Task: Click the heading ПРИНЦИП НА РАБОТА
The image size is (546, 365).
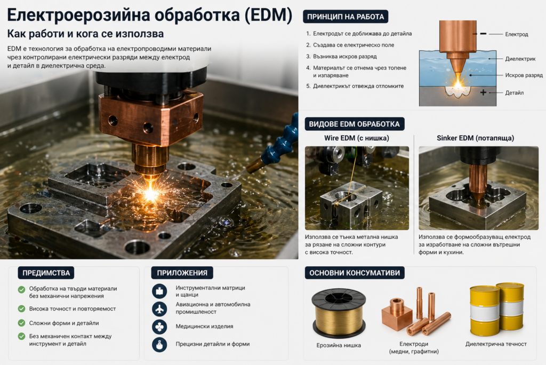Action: (346, 17)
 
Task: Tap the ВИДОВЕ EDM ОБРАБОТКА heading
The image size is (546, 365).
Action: (354, 124)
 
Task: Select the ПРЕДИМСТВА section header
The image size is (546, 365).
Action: (46, 273)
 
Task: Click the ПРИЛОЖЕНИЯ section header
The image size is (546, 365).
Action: (182, 273)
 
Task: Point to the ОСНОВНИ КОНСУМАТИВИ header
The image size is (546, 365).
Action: (354, 273)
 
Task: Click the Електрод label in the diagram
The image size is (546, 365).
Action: (516, 34)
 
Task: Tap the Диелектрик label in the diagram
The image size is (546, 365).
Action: (520, 59)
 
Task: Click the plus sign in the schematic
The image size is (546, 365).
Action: (484, 92)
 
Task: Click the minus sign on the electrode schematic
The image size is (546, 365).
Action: (483, 33)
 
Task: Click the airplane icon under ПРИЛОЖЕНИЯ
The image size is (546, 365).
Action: (159, 308)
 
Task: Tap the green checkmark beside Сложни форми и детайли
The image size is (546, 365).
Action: (21, 323)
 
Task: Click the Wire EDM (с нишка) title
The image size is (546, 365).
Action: (357, 138)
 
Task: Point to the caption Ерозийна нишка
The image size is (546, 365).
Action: (339, 345)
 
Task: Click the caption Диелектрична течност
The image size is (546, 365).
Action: (496, 344)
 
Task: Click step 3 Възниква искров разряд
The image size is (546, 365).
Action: (345, 57)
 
